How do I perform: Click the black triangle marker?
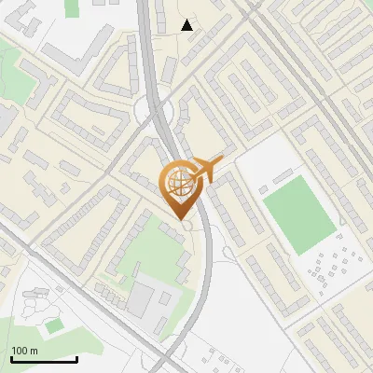coord(187,25)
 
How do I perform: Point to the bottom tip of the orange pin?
coord(179,217)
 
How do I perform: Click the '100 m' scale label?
coord(24,351)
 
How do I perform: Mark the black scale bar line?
coord(44,359)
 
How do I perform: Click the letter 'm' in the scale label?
coord(34,351)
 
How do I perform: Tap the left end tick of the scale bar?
coord(10,357)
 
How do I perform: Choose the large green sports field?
coord(298,214)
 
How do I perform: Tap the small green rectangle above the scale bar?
coord(54,325)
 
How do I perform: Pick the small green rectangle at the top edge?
coord(72,7)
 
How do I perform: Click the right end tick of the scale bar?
coord(77,357)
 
